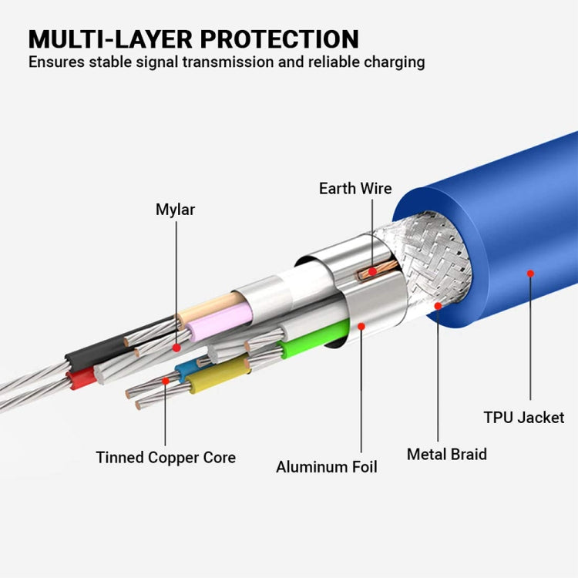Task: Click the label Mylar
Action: click(x=175, y=209)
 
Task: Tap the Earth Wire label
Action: click(x=355, y=188)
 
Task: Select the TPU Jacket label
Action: click(x=524, y=418)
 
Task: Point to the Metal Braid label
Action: click(x=447, y=454)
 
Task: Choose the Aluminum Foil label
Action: click(x=327, y=466)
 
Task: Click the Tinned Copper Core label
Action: click(x=166, y=457)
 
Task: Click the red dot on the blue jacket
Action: click(x=530, y=273)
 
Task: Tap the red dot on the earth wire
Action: click(x=372, y=271)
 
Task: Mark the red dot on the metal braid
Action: click(x=438, y=306)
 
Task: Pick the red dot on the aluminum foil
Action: click(x=361, y=326)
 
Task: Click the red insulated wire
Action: click(x=80, y=378)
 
